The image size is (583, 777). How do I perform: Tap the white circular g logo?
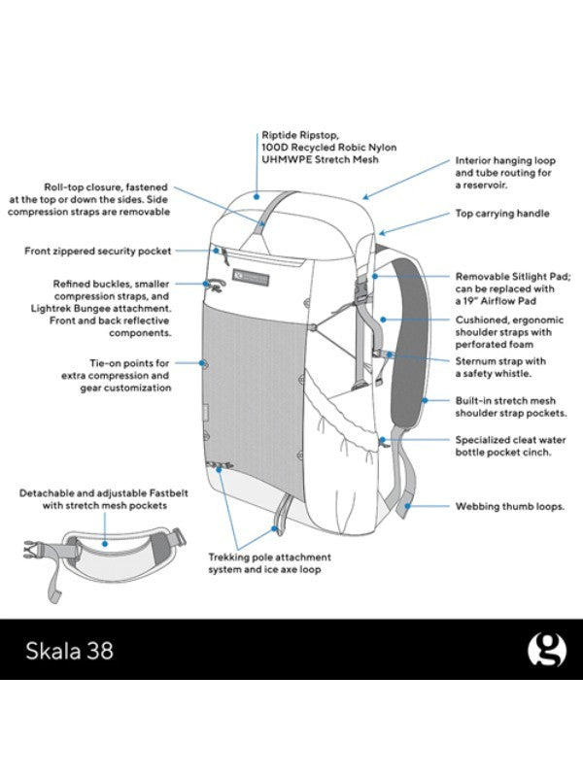[x=546, y=650]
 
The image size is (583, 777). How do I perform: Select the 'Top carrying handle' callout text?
[x=502, y=214]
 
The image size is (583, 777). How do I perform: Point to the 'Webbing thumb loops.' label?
[x=499, y=506]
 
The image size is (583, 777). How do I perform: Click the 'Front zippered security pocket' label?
[x=97, y=251]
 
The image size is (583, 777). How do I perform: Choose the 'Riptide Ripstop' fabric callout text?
[x=328, y=146]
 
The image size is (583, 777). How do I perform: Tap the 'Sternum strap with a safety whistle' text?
[x=499, y=367]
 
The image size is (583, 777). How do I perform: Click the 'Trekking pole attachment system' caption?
[x=269, y=563]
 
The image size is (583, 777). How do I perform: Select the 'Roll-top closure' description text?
[x=107, y=198]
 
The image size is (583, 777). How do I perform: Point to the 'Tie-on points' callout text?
[x=116, y=375]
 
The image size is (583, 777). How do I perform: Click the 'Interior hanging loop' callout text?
[x=504, y=172]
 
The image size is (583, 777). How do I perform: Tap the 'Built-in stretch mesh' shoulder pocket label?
[x=505, y=406]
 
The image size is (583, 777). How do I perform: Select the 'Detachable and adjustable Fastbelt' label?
[x=93, y=499]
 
